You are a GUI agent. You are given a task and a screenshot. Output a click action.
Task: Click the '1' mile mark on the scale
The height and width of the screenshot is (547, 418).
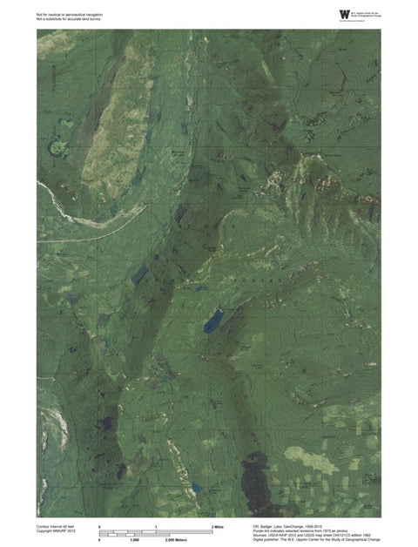(156, 528)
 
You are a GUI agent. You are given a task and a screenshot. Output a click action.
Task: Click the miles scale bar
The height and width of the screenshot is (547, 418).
(156, 533)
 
